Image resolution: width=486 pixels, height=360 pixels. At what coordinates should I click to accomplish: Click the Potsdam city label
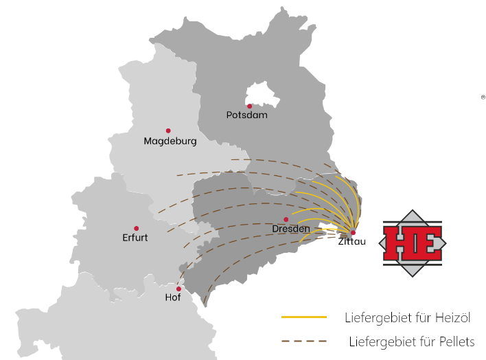point(246,115)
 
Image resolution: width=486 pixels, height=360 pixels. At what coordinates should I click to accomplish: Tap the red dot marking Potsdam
point(249,106)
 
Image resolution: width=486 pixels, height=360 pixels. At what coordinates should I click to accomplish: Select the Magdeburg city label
point(170,142)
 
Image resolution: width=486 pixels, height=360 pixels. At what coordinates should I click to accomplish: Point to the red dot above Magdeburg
point(168,131)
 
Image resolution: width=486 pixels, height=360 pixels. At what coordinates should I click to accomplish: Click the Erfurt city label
point(135,238)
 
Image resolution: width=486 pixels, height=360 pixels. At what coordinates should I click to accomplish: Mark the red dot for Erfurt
point(136,228)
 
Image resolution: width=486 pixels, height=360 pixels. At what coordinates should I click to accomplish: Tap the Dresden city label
point(291,229)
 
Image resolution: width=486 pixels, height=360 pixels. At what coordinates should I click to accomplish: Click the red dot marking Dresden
point(286,220)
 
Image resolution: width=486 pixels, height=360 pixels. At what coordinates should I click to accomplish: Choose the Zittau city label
point(352,241)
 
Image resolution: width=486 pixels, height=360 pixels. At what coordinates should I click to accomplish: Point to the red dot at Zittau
point(353,232)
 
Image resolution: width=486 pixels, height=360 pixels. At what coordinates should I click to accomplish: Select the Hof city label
point(173,297)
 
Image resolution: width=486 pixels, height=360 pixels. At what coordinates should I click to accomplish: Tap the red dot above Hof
point(178,289)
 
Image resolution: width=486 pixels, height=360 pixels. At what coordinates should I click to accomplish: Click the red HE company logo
point(412,243)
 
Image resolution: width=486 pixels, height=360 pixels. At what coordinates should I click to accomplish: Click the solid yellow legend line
point(303,317)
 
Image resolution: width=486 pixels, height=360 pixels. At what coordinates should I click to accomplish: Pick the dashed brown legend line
point(303,341)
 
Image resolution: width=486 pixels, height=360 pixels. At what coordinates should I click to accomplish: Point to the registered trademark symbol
point(483,98)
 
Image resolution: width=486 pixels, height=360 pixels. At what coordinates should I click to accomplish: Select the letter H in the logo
point(399,244)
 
